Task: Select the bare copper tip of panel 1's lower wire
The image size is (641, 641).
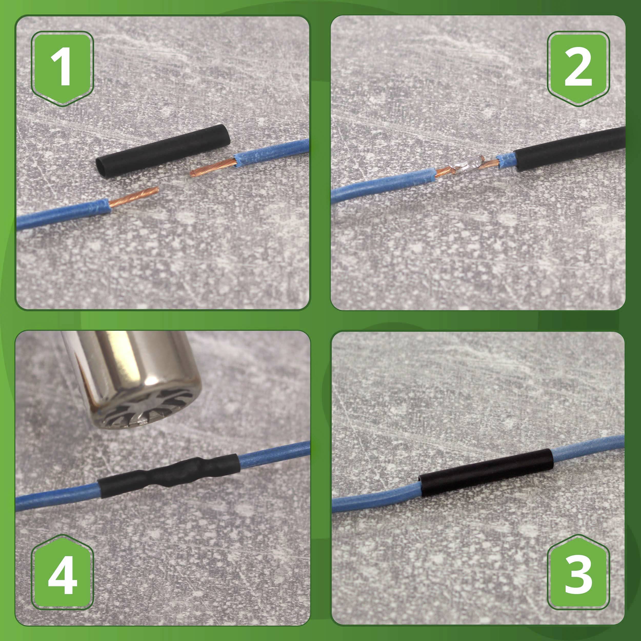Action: tap(133, 197)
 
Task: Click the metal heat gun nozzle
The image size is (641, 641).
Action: tap(133, 368)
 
